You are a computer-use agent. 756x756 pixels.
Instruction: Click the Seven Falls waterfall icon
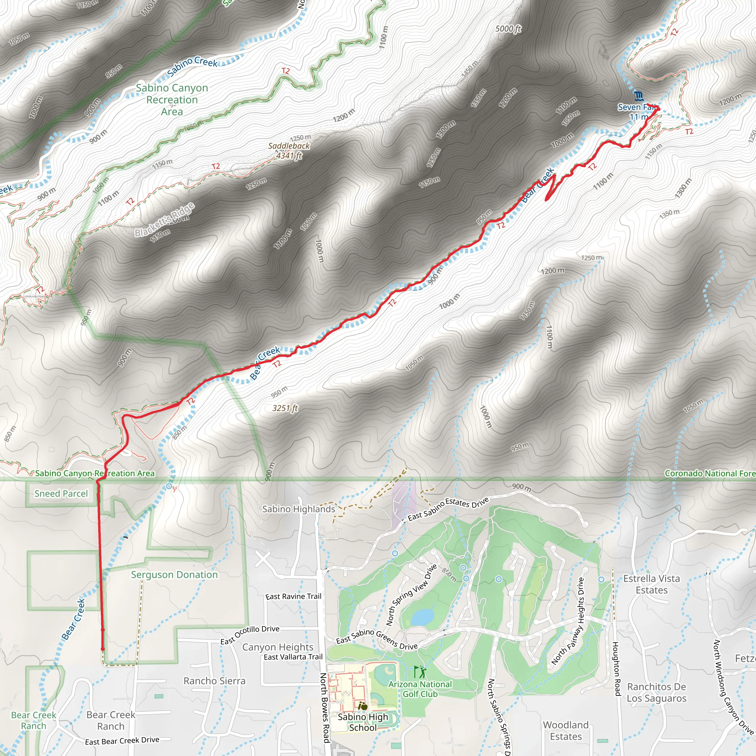pyautogui.click(x=639, y=96)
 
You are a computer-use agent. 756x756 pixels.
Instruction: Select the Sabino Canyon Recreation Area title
pyautogui.click(x=172, y=100)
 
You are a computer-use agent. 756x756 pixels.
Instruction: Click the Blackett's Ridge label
pyautogui.click(x=164, y=220)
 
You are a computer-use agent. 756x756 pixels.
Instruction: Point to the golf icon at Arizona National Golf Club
pyautogui.click(x=419, y=672)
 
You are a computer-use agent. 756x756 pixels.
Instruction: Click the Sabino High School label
pyautogui.click(x=363, y=722)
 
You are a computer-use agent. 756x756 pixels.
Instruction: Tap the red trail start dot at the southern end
pyautogui.click(x=103, y=649)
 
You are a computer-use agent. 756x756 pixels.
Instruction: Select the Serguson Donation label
pyautogui.click(x=174, y=575)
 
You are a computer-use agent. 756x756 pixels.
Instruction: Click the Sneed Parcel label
pyautogui.click(x=61, y=494)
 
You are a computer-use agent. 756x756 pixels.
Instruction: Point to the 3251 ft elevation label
pyautogui.click(x=285, y=408)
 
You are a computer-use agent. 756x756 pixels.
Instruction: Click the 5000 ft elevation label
pyautogui.click(x=508, y=28)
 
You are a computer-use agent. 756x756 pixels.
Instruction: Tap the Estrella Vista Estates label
pyautogui.click(x=652, y=584)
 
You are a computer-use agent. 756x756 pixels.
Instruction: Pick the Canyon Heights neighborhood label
pyautogui.click(x=278, y=647)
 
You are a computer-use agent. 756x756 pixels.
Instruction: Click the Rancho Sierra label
pyautogui.click(x=214, y=681)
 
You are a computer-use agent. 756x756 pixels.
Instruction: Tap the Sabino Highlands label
pyautogui.click(x=299, y=509)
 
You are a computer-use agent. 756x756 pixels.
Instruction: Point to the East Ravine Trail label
pyautogui.click(x=293, y=597)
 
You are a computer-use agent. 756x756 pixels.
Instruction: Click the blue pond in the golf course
pyautogui.click(x=423, y=617)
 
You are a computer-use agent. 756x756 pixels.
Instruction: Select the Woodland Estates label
pyautogui.click(x=566, y=731)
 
